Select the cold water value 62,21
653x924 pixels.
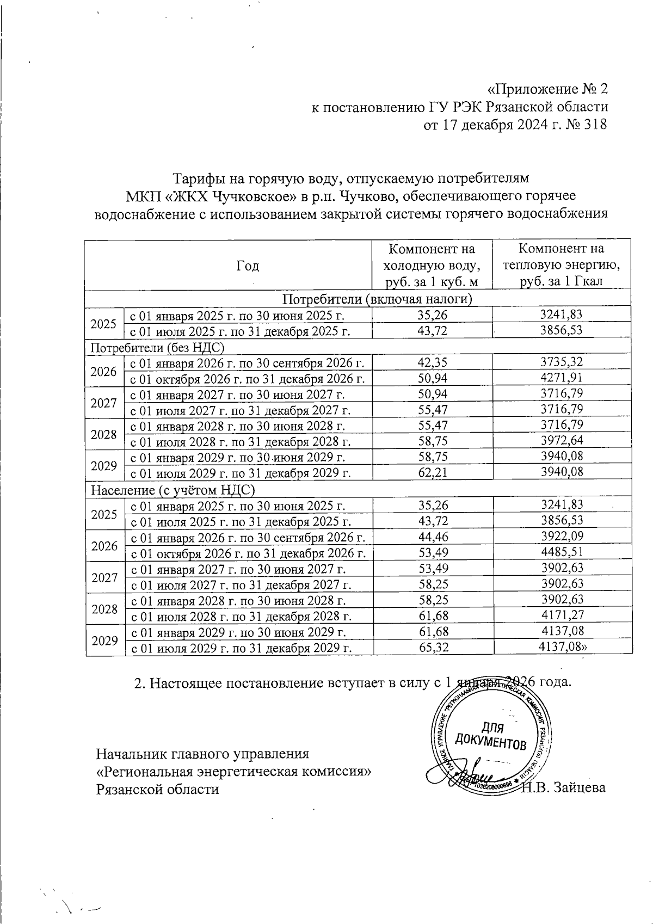click(433, 472)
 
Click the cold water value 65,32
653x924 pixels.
click(433, 648)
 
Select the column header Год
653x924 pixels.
click(248, 266)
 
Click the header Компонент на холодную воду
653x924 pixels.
click(432, 265)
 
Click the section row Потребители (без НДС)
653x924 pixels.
click(157, 347)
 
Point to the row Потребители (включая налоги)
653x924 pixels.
click(377, 299)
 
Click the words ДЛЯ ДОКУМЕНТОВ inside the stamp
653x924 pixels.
click(490, 736)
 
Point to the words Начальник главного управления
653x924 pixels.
click(202, 754)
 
